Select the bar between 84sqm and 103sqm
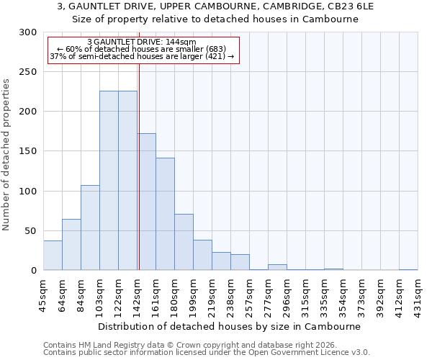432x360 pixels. tap(90, 228)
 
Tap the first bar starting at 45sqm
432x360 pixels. tap(53, 256)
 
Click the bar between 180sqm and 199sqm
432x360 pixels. tap(184, 242)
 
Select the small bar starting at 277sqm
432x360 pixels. tap(277, 267)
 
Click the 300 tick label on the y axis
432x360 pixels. tap(27, 32)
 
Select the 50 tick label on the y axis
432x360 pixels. tap(30, 231)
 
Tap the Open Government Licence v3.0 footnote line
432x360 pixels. tap(207, 353)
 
